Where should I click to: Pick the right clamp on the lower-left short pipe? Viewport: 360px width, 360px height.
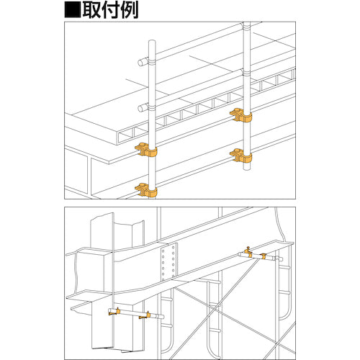point(150,314)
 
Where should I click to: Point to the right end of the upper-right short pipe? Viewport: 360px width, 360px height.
point(279,258)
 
